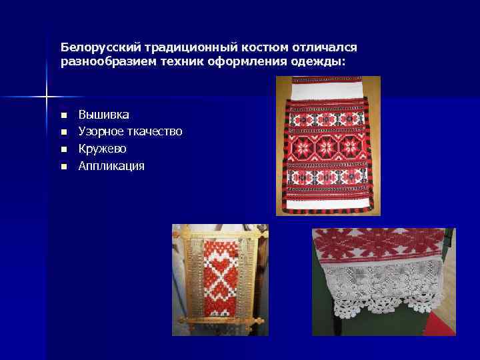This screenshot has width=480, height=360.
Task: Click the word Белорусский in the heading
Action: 94,48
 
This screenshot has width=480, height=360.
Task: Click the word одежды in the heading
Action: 325,62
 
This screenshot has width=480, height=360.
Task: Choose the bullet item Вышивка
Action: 104,115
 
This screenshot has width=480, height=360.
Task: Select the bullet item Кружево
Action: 102,149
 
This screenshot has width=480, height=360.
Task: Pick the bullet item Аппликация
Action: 111,165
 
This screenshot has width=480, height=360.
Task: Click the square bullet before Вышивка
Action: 64,116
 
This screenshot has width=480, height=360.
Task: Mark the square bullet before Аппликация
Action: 64,166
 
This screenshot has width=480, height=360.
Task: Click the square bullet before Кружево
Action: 64,149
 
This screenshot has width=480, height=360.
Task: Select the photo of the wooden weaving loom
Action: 220,279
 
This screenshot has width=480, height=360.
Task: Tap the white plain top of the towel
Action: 327,87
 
